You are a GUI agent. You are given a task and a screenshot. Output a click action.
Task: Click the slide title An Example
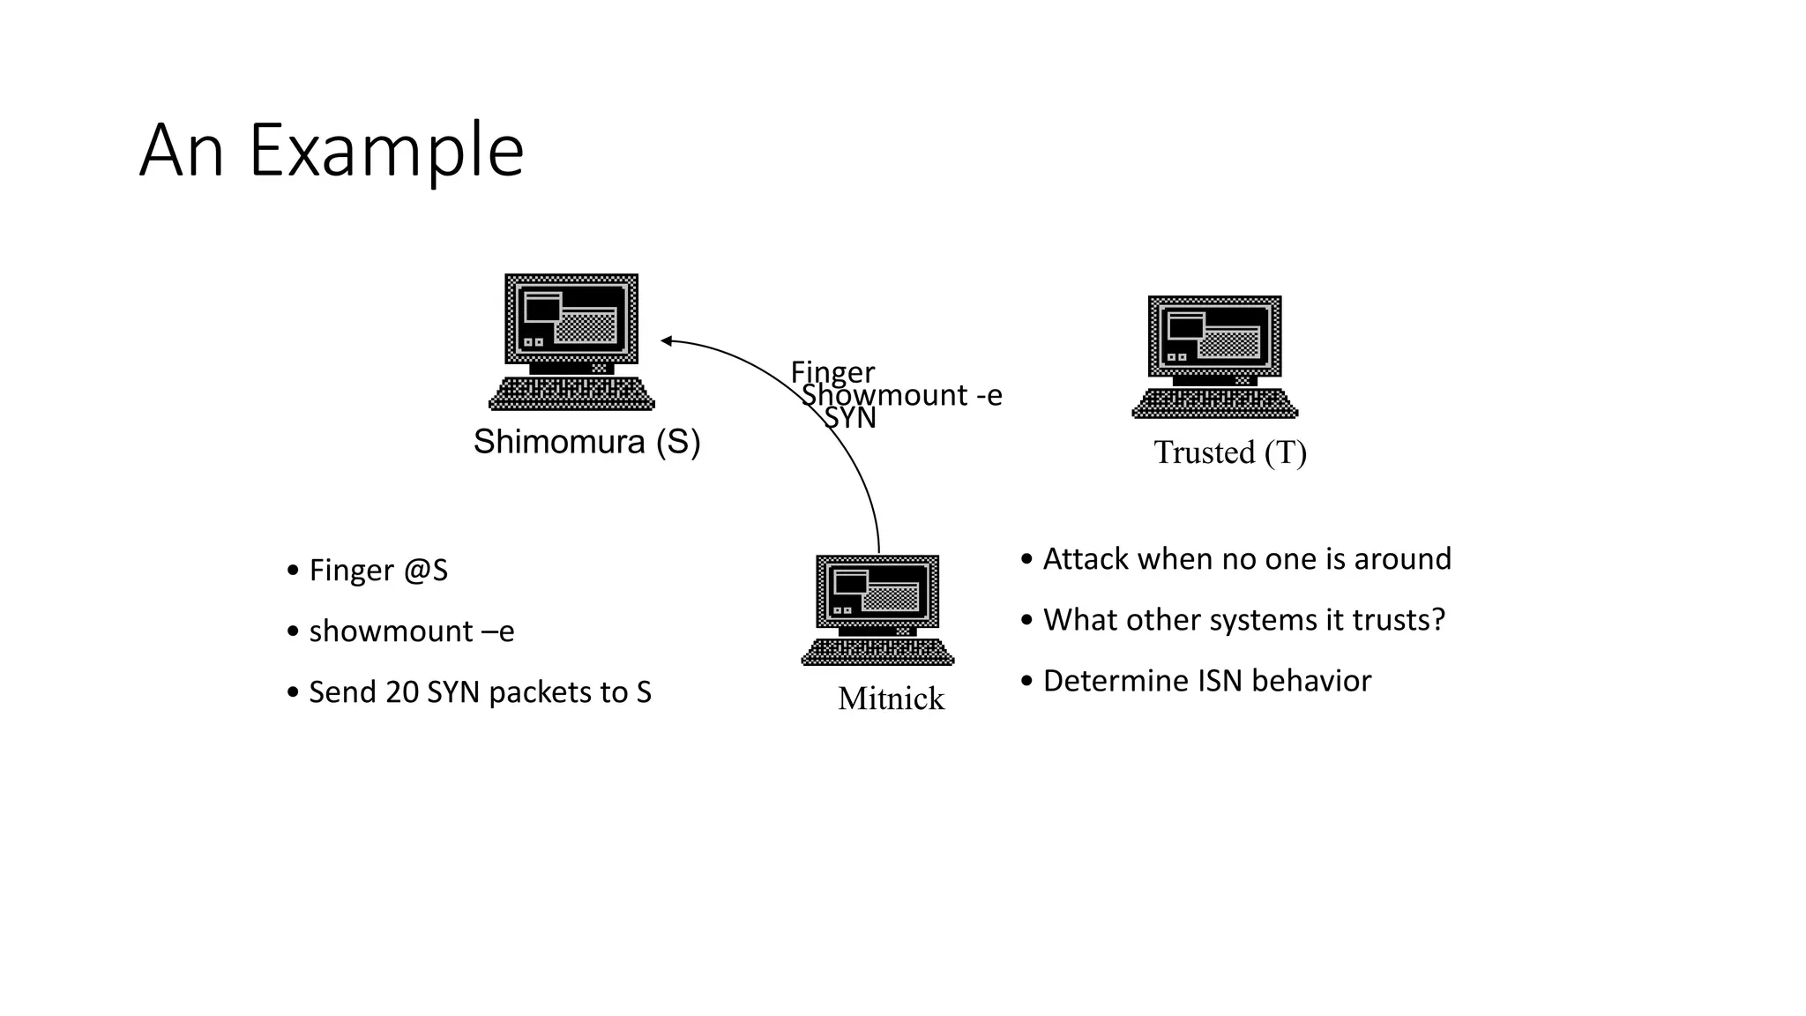coord(332,151)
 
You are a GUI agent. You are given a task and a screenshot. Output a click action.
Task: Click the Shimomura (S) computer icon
coord(571,326)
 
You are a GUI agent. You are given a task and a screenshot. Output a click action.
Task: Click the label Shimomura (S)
coord(586,441)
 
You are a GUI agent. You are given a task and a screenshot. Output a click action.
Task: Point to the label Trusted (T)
coord(1229,452)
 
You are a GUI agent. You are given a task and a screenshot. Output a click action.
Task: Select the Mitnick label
coord(891,698)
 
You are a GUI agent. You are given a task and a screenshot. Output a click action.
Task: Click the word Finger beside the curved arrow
coord(832,371)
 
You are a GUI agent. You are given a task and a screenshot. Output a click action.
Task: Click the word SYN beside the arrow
coord(850,418)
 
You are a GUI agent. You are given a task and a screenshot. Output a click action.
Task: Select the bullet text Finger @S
coord(378,571)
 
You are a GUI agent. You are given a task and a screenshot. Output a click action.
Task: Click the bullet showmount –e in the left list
coord(411,631)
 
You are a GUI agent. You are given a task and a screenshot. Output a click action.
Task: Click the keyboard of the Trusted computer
coord(1215,404)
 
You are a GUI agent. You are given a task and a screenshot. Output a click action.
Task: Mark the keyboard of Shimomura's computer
coord(571,394)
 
